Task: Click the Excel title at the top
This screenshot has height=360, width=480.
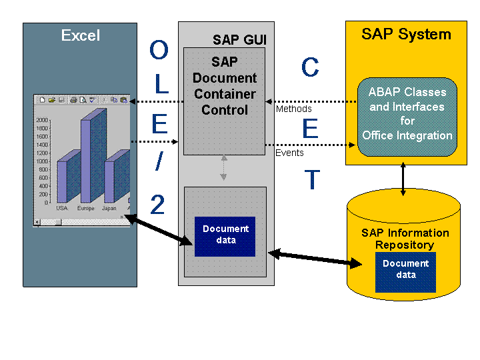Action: pyautogui.click(x=81, y=35)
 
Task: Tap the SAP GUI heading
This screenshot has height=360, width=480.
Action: pyautogui.click(x=239, y=40)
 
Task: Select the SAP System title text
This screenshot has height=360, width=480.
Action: pyautogui.click(x=406, y=34)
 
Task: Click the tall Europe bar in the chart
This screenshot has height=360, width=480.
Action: pyautogui.click(x=94, y=155)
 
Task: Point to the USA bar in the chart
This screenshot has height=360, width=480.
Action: pyautogui.click(x=69, y=176)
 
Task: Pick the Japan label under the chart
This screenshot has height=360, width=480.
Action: pyautogui.click(x=109, y=208)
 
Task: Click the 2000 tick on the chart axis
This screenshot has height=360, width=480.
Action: pyautogui.click(x=42, y=120)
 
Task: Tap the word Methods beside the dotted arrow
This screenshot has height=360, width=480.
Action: pyautogui.click(x=293, y=109)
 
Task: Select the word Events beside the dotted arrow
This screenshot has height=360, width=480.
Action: pyautogui.click(x=289, y=153)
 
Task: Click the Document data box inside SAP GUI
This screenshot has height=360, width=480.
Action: pyautogui.click(x=225, y=236)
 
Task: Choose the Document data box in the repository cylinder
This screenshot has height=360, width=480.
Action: pyautogui.click(x=405, y=272)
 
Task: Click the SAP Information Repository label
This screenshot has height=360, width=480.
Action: pyautogui.click(x=405, y=239)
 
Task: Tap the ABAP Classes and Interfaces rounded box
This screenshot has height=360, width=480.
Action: pyautogui.click(x=407, y=117)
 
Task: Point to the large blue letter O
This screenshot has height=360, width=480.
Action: pyautogui.click(x=159, y=49)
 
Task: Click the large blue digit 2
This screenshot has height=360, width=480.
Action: pyautogui.click(x=157, y=205)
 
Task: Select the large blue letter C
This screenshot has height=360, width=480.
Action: pyautogui.click(x=310, y=67)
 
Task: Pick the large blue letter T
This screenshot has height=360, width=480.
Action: pyautogui.click(x=312, y=179)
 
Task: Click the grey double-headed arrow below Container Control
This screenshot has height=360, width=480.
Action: pyautogui.click(x=224, y=168)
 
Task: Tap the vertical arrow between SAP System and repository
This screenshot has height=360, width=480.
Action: pyautogui.click(x=403, y=179)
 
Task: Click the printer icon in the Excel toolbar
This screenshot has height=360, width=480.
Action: pyautogui.click(x=73, y=100)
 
